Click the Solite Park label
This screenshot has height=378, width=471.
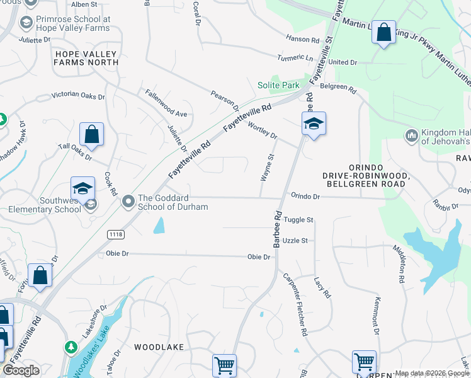278,85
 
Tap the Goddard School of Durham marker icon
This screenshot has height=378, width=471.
128,201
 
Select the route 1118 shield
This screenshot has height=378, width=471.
116,234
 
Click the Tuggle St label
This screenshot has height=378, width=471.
298,220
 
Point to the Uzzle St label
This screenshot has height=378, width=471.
295,241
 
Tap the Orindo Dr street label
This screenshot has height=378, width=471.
305,197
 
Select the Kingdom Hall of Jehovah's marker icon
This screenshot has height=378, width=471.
412,135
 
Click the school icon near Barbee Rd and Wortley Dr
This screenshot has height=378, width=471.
313,123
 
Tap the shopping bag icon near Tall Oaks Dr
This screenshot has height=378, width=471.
91,134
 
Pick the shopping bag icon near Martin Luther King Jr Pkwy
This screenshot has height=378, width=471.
383,32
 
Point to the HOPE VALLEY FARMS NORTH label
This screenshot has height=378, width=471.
86,58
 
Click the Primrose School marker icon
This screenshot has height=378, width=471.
26,23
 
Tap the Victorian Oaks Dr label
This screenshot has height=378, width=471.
78,95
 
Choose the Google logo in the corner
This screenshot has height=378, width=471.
21,370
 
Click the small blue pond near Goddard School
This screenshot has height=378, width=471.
159,225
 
